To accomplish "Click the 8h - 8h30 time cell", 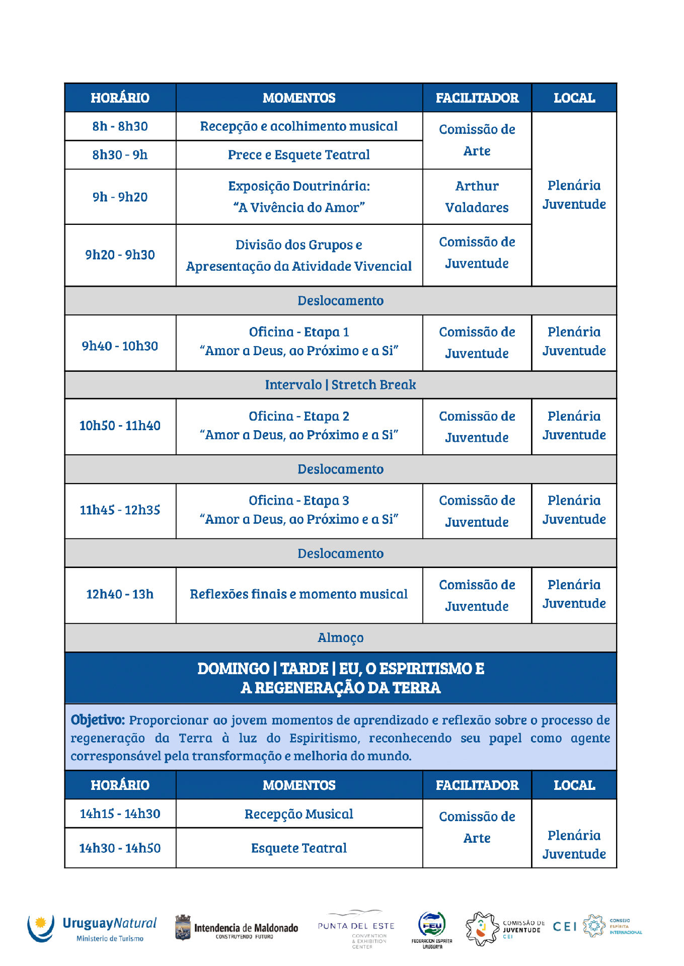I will (x=120, y=126).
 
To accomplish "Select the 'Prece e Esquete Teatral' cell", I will (x=298, y=155).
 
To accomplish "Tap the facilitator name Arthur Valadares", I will (x=477, y=197).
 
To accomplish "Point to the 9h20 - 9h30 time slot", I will (x=120, y=255).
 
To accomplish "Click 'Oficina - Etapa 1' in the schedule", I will (x=298, y=332).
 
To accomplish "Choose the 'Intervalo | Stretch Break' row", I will (x=340, y=385).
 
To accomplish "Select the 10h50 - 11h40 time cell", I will (x=120, y=426).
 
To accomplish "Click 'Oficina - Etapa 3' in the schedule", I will (x=298, y=501).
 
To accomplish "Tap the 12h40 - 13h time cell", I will (x=120, y=595).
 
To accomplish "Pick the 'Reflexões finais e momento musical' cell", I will (x=298, y=595).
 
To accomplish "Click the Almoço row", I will (x=340, y=638).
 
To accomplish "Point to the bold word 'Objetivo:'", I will (x=98, y=720).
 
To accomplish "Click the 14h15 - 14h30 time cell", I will (x=120, y=814).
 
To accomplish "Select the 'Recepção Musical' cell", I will (x=298, y=814).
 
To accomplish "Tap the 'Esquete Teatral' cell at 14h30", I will (x=298, y=848).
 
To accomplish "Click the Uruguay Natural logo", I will (x=92, y=928).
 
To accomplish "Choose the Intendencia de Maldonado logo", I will (x=236, y=928).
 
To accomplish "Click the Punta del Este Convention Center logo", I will (x=356, y=929).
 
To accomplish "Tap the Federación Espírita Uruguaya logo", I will (x=432, y=930).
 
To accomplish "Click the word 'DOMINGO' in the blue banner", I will (x=233, y=669).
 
